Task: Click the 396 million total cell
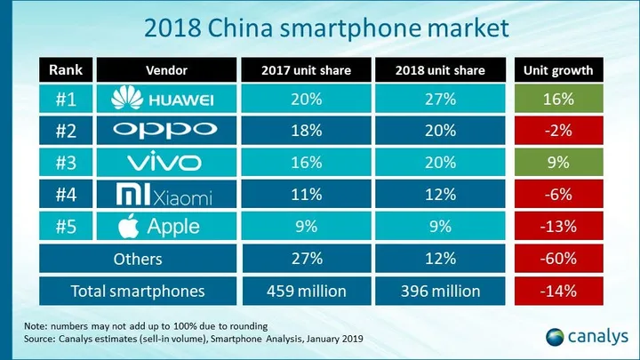click(x=435, y=291)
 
